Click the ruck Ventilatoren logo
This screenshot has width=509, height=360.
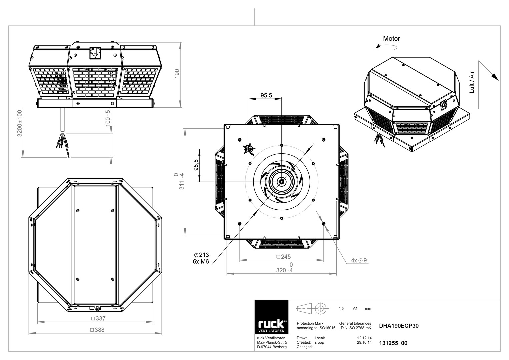point(271,317)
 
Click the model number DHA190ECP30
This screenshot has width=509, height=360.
point(399,326)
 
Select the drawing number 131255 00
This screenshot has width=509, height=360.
point(393,343)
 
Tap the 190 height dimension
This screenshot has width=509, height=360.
point(177,74)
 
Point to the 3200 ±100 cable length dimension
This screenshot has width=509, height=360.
point(20,123)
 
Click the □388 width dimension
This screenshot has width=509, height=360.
point(97,330)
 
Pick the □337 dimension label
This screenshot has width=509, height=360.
point(98,318)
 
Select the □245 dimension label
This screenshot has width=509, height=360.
point(284,257)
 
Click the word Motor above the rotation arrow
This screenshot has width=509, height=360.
point(392,38)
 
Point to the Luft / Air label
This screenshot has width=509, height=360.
point(472,82)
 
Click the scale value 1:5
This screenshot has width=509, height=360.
point(341,308)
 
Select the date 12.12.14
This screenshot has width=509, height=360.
point(364,338)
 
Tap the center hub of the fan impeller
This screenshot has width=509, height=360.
point(282,182)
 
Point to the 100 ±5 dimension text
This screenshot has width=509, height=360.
point(108,118)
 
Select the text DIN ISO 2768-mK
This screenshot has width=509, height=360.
point(356,328)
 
